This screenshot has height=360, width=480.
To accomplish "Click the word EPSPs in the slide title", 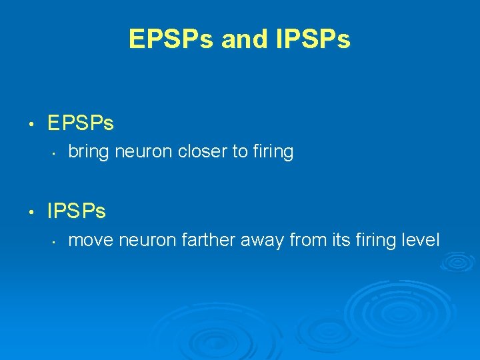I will pos(171,39).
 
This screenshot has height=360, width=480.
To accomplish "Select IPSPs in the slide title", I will pos(311,39).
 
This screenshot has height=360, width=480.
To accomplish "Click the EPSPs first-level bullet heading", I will pos(81,123).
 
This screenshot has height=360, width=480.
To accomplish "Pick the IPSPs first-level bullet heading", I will pos(77,211).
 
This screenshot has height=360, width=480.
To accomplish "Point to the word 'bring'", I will pos(89,152).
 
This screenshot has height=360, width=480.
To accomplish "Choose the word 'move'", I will pos(90,240).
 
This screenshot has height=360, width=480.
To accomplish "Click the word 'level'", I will pos(421,240).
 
